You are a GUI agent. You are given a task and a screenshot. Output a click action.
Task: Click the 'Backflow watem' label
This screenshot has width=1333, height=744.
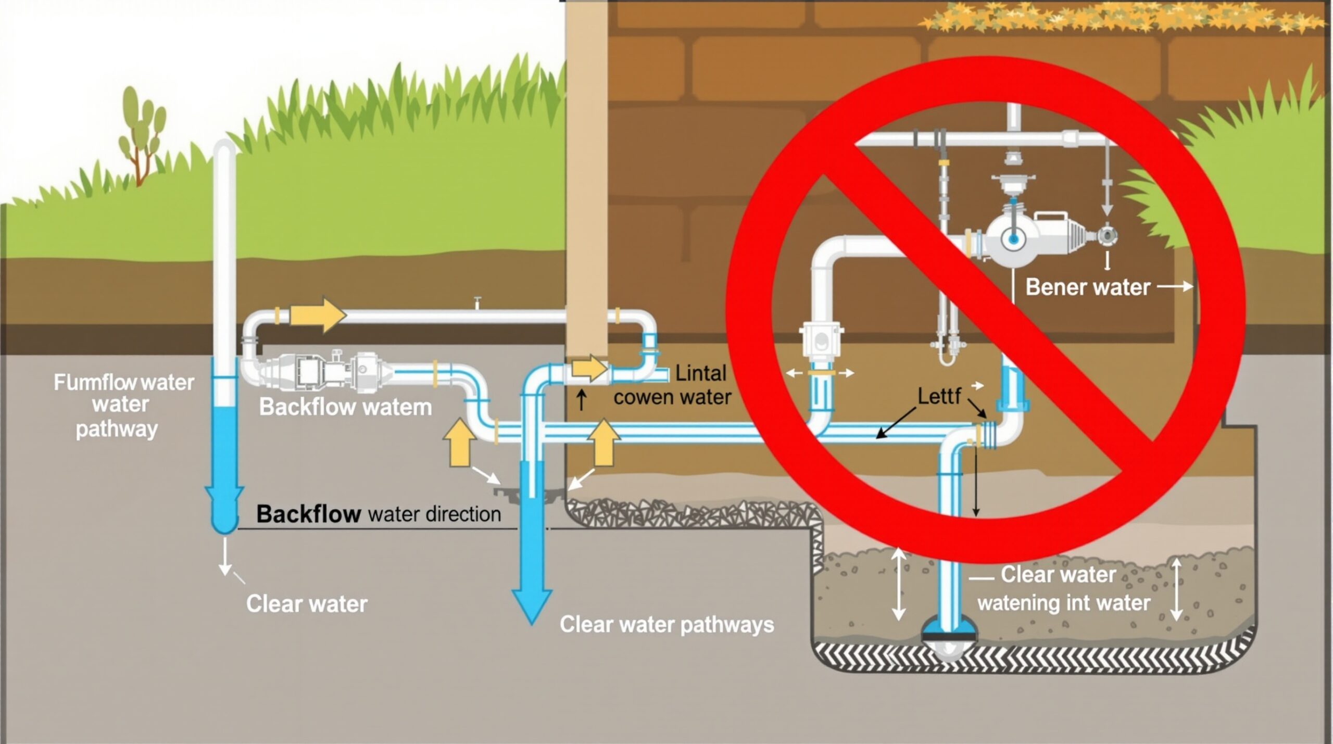[x=346, y=407]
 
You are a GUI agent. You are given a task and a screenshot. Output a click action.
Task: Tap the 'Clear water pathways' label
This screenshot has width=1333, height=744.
[x=666, y=624]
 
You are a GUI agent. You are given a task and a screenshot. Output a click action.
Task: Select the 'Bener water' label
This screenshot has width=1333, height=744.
[x=1087, y=287]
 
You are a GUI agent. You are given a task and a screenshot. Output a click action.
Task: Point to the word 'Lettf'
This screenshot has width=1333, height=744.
[x=939, y=396]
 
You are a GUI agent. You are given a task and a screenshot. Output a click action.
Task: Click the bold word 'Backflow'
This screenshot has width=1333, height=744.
[x=308, y=514]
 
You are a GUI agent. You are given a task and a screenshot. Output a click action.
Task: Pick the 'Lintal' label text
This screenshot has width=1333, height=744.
[x=700, y=373]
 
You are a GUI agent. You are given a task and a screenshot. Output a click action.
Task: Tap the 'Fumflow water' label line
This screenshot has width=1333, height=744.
[x=124, y=383]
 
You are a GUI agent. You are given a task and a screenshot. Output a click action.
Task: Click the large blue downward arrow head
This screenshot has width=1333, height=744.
[x=532, y=604]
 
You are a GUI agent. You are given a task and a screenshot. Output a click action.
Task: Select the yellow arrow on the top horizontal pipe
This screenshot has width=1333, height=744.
[x=318, y=314]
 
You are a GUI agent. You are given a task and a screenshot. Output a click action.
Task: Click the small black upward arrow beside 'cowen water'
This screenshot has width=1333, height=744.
[x=582, y=400]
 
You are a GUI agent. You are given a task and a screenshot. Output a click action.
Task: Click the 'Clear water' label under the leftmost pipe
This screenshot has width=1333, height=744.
[x=307, y=604]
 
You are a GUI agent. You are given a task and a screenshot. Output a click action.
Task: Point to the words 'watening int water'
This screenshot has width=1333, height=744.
[x=1064, y=603]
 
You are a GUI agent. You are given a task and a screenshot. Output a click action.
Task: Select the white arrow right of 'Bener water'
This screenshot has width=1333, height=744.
[x=1175, y=286]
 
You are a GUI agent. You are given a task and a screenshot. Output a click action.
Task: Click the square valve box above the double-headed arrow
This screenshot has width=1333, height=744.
[x=820, y=341]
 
